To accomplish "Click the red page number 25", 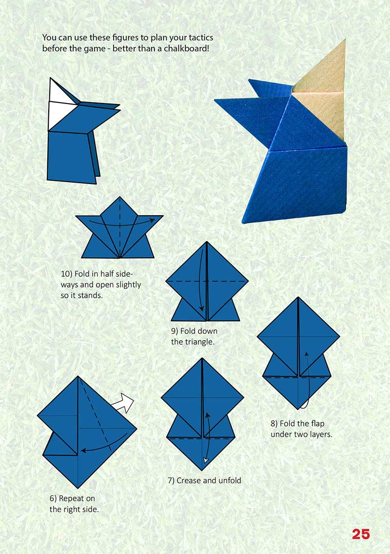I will [x=361, y=534].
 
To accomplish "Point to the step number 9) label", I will [x=176, y=331].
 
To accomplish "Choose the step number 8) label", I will [x=275, y=424].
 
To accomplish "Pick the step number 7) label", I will [x=171, y=480].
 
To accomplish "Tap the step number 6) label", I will [x=55, y=498].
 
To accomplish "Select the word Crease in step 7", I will [x=189, y=480].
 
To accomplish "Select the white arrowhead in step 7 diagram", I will [x=206, y=459].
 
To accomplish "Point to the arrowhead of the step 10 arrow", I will [x=153, y=220].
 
